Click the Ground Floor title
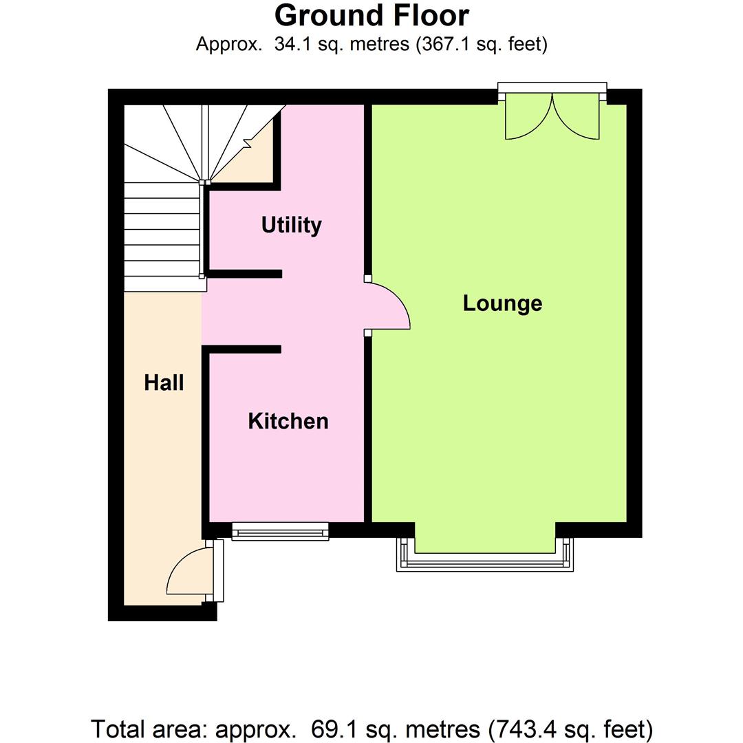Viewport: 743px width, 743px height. click(371, 15)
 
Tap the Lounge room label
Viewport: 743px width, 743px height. click(502, 303)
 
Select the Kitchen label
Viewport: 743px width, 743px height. click(288, 421)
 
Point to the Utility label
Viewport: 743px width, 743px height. click(292, 225)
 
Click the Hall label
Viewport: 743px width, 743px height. click(164, 383)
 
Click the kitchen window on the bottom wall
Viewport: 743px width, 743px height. click(281, 530)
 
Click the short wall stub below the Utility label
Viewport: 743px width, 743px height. click(244, 273)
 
